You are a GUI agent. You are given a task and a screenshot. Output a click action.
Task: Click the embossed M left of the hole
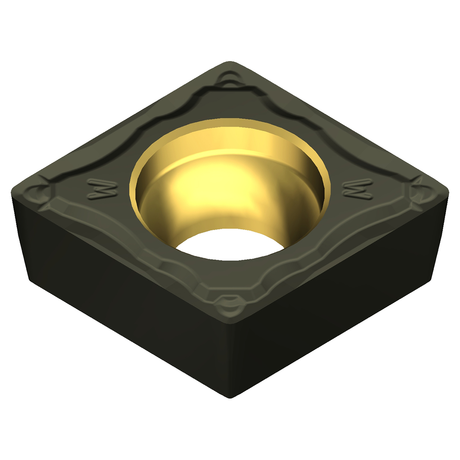[x=102, y=189]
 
